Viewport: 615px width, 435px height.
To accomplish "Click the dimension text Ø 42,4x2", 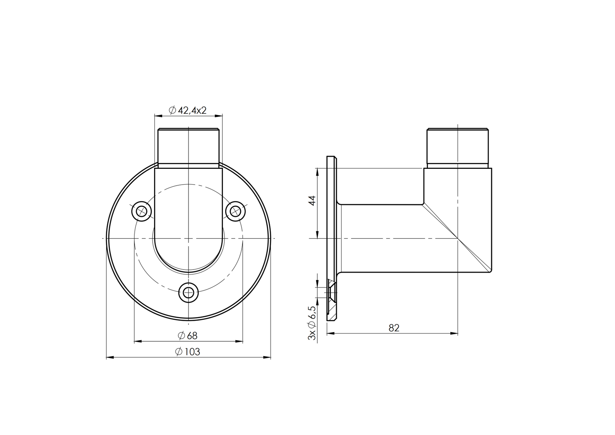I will (188, 110).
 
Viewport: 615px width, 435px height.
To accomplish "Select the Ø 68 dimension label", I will (187, 335).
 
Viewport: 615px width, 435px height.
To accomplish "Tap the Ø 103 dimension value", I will (188, 352).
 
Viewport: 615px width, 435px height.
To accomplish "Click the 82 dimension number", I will (394, 328).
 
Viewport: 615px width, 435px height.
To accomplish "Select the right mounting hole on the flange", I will (235, 211).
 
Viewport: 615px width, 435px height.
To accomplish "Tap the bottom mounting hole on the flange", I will (188, 293).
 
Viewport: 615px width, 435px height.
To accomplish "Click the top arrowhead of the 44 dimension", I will (317, 171).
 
